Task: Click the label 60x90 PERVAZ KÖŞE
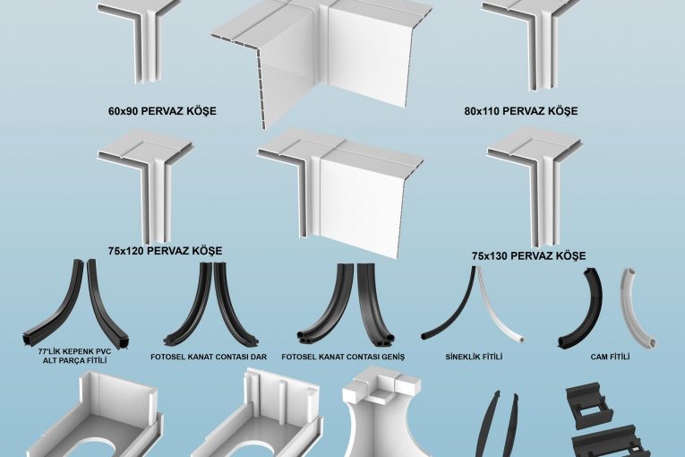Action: pos(162,110)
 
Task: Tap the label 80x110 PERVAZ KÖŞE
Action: pos(521,111)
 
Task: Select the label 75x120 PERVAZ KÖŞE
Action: pos(165,251)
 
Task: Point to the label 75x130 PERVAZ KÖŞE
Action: pos(528,256)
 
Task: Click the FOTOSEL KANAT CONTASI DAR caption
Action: pos(209,357)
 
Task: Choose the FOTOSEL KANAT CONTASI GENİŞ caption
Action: pos(343,357)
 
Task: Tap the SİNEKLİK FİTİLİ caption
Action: pos(474,357)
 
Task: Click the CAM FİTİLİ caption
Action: pos(611,357)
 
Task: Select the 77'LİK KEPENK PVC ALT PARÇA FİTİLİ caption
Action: pos(74,356)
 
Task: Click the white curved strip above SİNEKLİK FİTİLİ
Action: pos(501,311)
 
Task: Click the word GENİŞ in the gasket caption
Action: pos(393,357)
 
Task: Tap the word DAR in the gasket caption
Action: pos(258,357)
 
